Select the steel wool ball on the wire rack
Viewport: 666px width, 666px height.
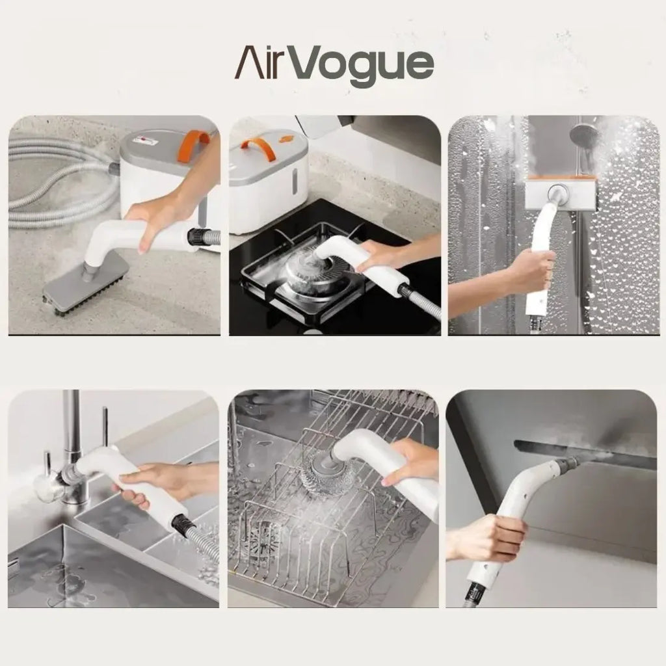coord(318,468)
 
